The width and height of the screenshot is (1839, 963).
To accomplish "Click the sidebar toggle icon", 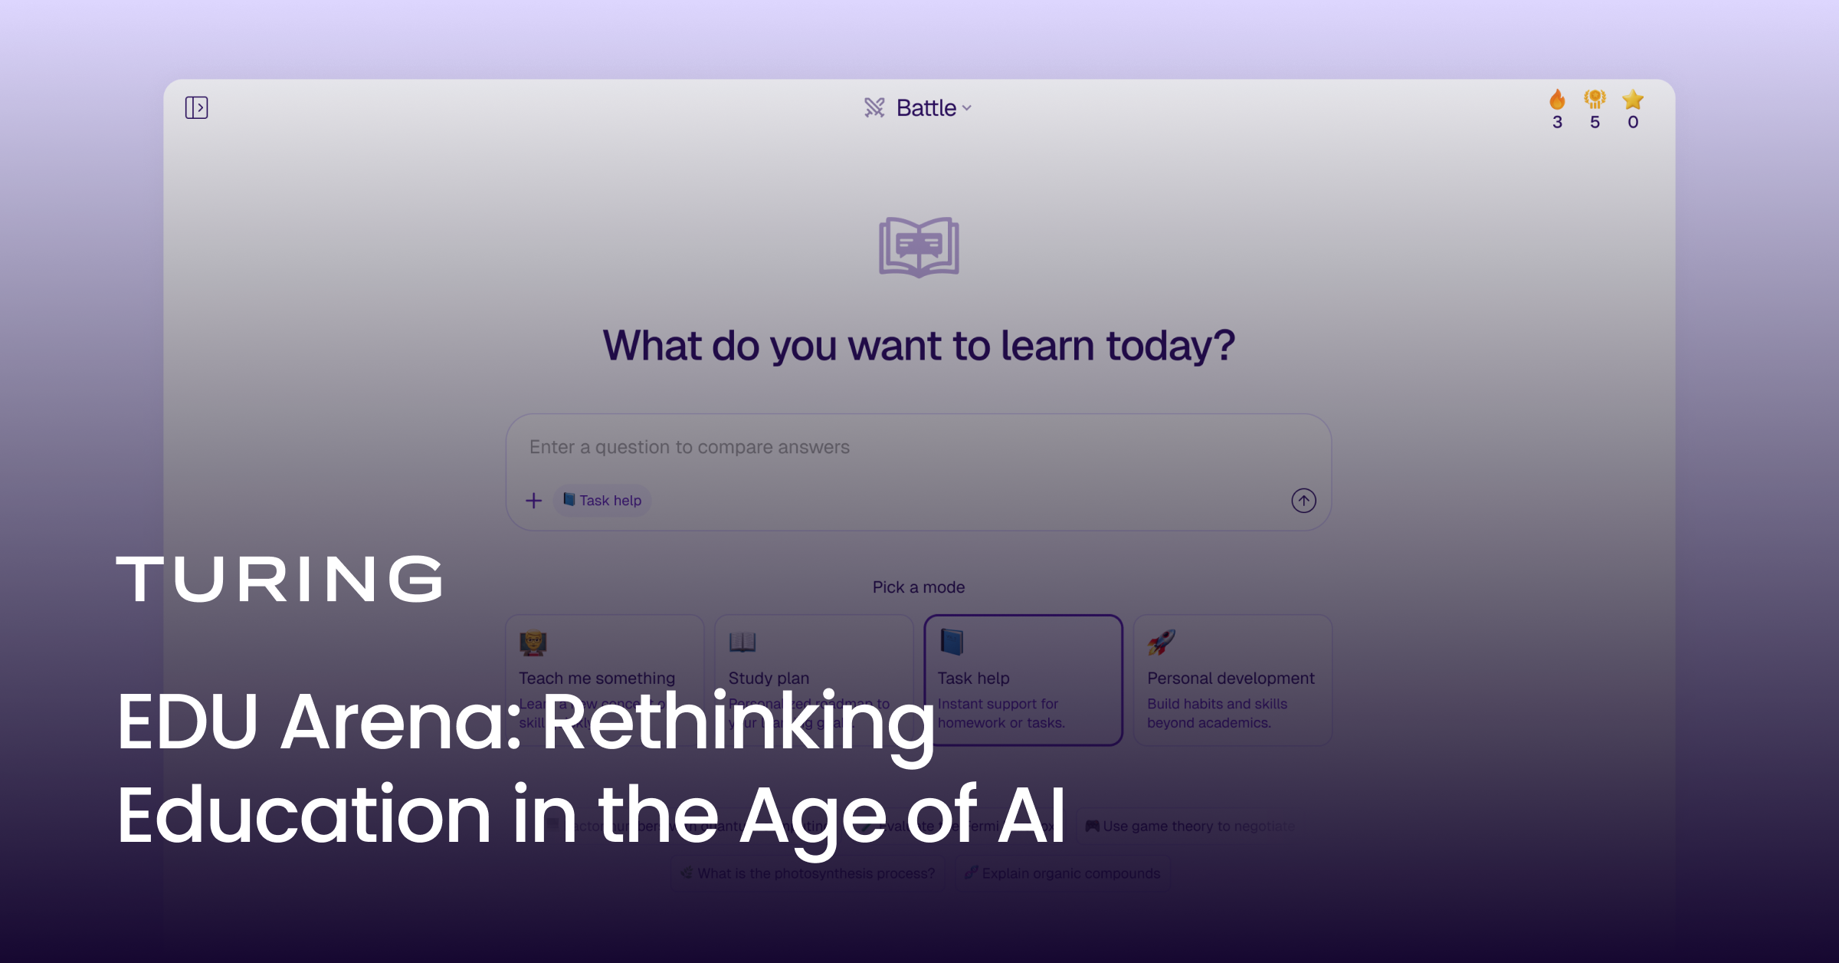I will coord(196,107).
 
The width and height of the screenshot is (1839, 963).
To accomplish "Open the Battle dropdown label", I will coord(926,108).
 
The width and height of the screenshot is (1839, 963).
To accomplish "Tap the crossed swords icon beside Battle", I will coord(874,107).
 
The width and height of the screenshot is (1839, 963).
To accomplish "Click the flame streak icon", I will coord(1557,100).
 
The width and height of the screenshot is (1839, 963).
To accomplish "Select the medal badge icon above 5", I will coord(1595,100).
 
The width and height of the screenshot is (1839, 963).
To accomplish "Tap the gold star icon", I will coord(1633,100).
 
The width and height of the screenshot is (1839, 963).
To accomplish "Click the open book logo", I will coord(919,247).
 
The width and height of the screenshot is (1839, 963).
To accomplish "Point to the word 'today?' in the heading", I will coord(1170,346).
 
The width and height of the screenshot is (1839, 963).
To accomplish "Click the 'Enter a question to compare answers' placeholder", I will coord(689,447).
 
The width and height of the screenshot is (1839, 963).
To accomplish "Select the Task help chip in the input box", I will coord(602,501).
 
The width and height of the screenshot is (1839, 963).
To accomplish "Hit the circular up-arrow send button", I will coord(1303,501).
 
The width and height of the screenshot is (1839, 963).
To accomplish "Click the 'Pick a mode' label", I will coord(919,587).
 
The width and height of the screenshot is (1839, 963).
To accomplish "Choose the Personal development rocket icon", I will coord(1162,643).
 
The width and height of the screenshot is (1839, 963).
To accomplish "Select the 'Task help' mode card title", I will coord(973,679).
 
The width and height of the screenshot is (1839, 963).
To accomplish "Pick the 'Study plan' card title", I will coord(769,679).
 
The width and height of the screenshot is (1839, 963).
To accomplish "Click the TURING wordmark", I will coord(280,580).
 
